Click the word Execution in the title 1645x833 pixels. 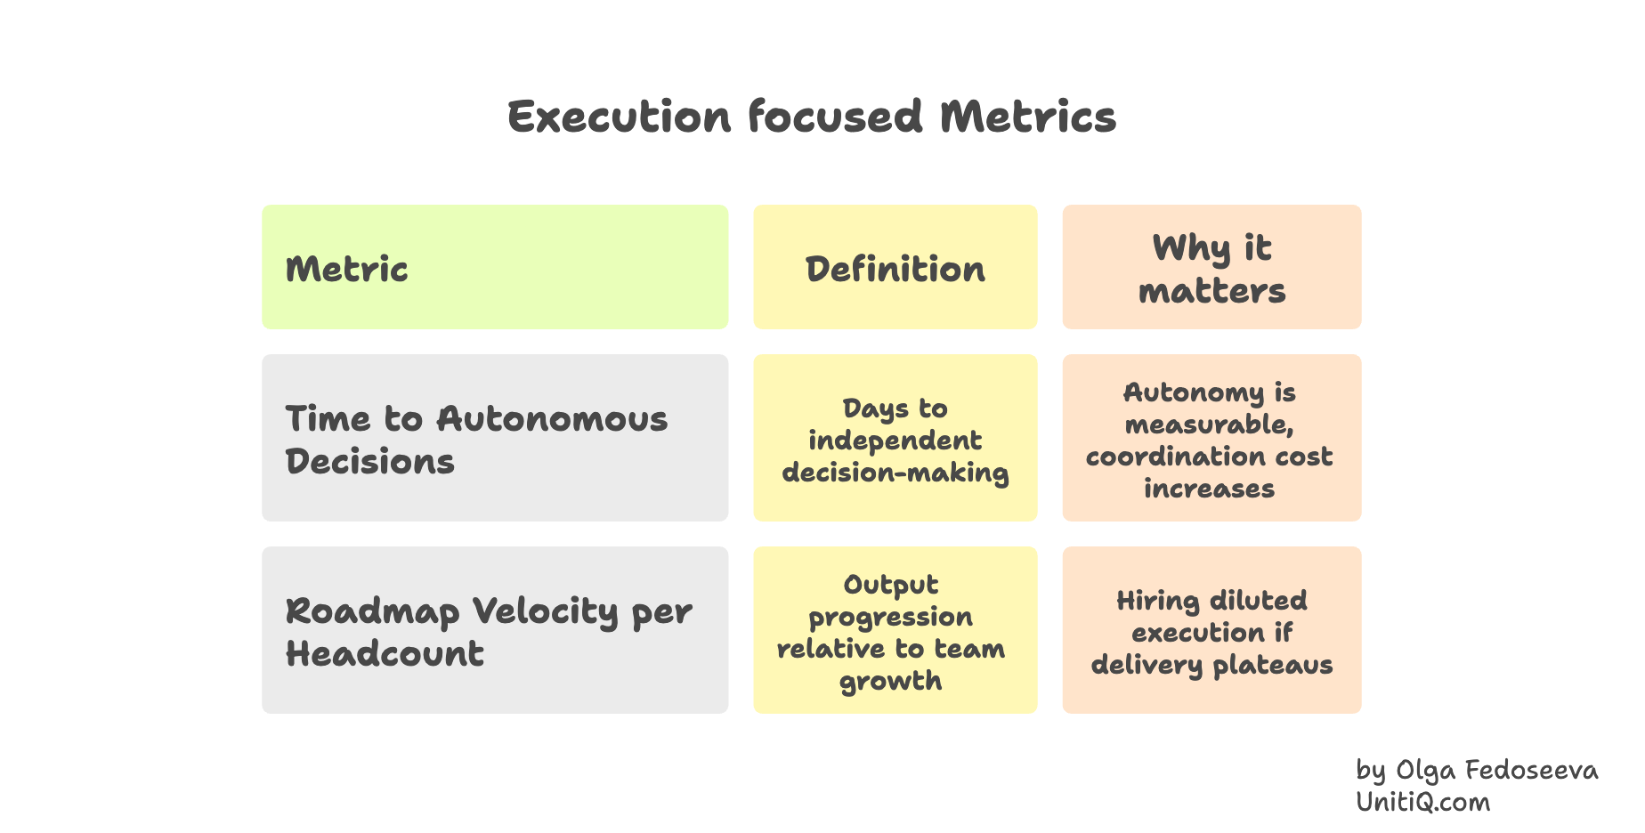[619, 117]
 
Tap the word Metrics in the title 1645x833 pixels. [1027, 117]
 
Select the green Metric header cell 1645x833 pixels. [495, 268]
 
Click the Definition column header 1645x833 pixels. [895, 269]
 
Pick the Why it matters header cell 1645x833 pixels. [1211, 268]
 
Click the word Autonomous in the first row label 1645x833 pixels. [552, 419]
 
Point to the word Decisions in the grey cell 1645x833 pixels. [369, 462]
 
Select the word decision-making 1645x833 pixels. [895, 473]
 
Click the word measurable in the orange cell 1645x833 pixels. [1208, 425]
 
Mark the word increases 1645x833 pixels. [1209, 489]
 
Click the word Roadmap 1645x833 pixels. [372, 611]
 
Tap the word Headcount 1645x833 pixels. [385, 654]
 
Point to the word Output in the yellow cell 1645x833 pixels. [890, 585]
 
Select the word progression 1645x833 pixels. [890, 618]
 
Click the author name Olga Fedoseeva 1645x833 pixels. [1496, 770]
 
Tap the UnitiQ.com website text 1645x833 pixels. [1422, 802]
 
